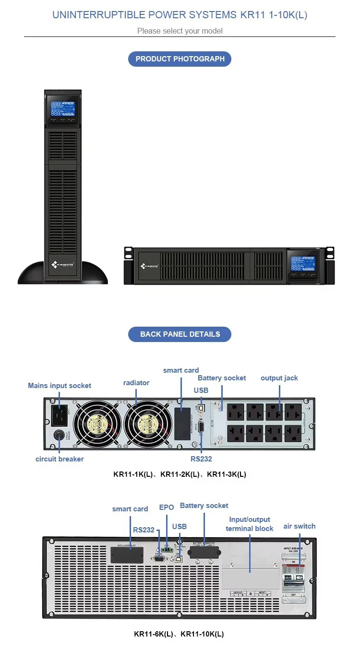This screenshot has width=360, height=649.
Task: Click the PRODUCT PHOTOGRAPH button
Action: (x=180, y=59)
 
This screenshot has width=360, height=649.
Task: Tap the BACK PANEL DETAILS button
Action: (x=180, y=334)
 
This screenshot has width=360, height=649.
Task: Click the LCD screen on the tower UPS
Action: (x=63, y=108)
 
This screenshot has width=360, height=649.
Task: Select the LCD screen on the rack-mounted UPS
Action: (x=304, y=263)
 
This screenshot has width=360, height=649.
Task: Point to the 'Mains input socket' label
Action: (x=60, y=386)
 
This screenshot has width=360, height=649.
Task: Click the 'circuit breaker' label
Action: (x=60, y=459)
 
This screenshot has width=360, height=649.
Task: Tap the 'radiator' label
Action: (x=136, y=383)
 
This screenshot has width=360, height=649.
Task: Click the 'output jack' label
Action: (x=279, y=378)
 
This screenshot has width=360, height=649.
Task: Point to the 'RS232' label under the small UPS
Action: (x=201, y=459)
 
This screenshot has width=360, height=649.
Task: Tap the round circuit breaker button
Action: (x=59, y=436)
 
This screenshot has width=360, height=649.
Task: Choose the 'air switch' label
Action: (x=300, y=526)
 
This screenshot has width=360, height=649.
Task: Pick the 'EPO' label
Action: (x=167, y=507)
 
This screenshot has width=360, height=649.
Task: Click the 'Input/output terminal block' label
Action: (x=250, y=524)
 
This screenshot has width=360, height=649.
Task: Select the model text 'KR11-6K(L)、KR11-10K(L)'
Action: (x=179, y=634)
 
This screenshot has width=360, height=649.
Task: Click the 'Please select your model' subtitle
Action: (x=180, y=31)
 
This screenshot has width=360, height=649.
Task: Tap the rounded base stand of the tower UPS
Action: (x=63, y=273)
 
